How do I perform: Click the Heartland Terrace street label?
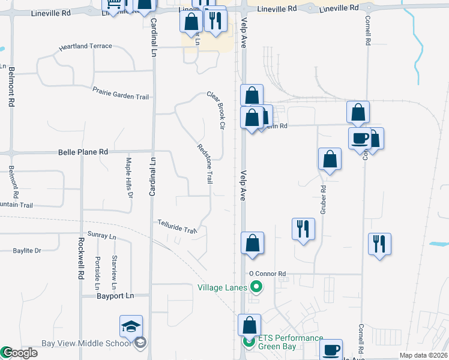pyautogui.click(x=84, y=46)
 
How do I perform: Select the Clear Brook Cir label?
pyautogui.click(x=215, y=110)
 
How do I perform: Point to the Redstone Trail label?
pyautogui.click(x=205, y=163)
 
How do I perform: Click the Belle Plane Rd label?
pyautogui.click(x=83, y=152)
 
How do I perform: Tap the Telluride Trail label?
pyautogui.click(x=177, y=227)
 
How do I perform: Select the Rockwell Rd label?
pyautogui.click(x=80, y=259)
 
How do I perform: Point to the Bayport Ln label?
pyautogui.click(x=115, y=296)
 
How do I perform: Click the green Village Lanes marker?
pyautogui.click(x=257, y=287)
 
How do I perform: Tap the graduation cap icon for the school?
pyautogui.click(x=131, y=326)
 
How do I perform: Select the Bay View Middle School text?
pyautogui.click(x=85, y=344)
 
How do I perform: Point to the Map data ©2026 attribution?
pyautogui.click(x=423, y=355)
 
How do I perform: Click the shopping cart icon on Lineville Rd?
pyautogui.click(x=113, y=5)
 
